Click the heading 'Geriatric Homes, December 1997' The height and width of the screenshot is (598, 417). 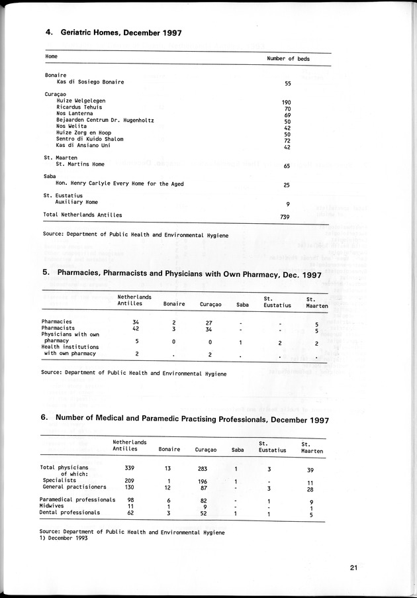[120, 32]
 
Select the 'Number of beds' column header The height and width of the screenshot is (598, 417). [288, 58]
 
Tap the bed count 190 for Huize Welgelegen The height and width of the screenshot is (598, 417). [287, 102]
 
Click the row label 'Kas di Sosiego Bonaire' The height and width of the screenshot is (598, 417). [90, 82]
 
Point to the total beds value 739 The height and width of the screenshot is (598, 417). [287, 217]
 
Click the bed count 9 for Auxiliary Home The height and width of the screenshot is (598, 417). [287, 204]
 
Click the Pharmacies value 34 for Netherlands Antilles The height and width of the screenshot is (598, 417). [135, 323]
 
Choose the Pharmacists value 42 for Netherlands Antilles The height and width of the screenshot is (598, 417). [135, 328]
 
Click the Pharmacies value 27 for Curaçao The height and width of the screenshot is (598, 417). [209, 323]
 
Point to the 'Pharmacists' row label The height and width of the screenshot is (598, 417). [58, 328]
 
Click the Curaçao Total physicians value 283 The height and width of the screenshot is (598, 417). [201, 468]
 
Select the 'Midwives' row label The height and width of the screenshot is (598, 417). [52, 506]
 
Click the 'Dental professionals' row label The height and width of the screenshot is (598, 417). [69, 513]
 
